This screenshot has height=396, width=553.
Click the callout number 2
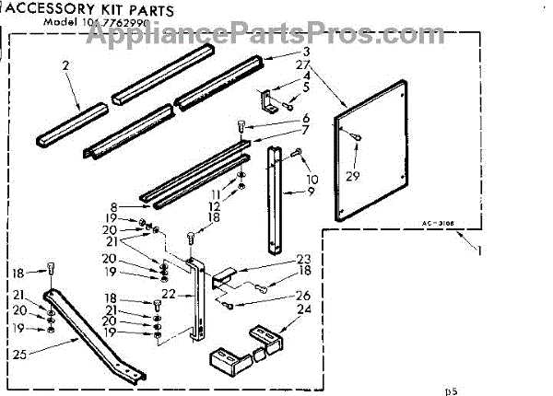pyautogui.click(x=65, y=65)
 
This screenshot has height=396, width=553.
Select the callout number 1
pyautogui.click(x=479, y=250)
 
